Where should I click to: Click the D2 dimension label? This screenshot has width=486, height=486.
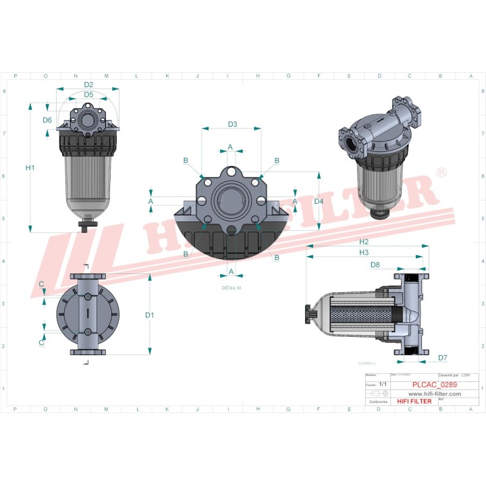[88, 84]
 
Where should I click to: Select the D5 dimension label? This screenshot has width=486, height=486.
[88, 94]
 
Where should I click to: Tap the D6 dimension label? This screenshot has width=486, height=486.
[47, 120]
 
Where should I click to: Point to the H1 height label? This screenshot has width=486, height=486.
[30, 167]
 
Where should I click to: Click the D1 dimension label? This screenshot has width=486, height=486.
[150, 315]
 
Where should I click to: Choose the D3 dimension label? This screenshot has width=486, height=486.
[232, 124]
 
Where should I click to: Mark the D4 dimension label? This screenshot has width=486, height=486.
[319, 201]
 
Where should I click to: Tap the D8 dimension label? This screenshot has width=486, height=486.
[375, 265]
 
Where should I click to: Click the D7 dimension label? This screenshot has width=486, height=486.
[443, 358]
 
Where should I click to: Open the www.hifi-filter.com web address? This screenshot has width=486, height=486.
[434, 394]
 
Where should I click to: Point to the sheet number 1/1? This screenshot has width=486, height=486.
[383, 383]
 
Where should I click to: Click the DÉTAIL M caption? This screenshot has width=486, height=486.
[232, 288]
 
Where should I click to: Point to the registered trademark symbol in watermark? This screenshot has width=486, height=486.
[441, 173]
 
